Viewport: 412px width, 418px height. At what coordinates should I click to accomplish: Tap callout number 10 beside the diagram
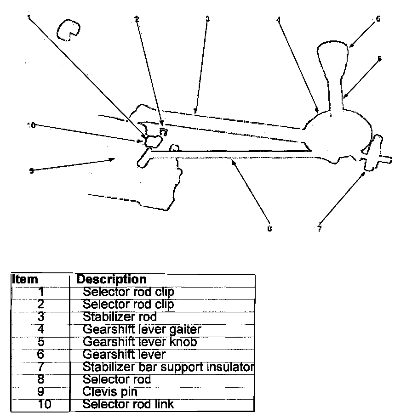[x=32, y=125]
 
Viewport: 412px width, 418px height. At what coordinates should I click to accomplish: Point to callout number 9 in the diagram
[x=31, y=171]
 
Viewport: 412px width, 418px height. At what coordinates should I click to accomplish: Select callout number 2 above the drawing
[x=137, y=19]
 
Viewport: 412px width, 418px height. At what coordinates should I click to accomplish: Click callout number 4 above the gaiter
[x=279, y=20]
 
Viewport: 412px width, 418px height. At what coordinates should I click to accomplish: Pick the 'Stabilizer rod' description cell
[x=120, y=317]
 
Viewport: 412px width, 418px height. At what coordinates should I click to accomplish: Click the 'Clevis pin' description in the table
[x=110, y=392]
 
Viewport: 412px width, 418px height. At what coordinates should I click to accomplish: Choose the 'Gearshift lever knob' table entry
[x=140, y=342]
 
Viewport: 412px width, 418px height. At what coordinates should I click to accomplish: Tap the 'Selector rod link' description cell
[x=128, y=404]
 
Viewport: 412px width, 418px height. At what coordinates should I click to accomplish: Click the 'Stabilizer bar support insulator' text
[x=168, y=367]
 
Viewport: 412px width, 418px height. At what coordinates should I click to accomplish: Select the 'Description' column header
[x=111, y=279]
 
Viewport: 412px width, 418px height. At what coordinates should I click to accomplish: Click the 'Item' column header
[x=25, y=279]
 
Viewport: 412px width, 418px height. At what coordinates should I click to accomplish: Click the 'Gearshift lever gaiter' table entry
[x=142, y=329]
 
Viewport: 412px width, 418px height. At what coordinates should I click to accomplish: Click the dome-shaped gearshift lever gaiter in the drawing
[x=336, y=133]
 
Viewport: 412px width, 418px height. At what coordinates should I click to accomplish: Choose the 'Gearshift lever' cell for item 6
[x=124, y=355]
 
